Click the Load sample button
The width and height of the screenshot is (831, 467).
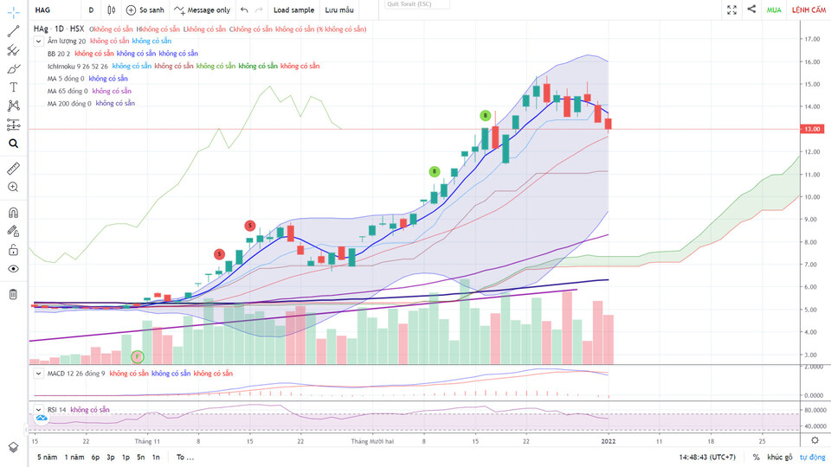[293, 10]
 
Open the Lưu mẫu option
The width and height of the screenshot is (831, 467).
[339, 10]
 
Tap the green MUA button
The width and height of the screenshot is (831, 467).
[774, 10]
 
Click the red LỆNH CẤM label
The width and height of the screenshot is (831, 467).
[808, 10]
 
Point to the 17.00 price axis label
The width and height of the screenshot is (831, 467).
[812, 39]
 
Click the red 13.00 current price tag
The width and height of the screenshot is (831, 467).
[812, 129]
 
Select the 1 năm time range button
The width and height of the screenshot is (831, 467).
[74, 457]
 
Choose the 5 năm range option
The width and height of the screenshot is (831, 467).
[47, 457]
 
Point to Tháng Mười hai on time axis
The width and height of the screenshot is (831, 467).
[372, 441]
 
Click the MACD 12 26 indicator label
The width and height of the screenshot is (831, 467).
[76, 374]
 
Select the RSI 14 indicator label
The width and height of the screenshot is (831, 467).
[56, 409]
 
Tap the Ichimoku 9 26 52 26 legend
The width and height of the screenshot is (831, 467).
[78, 66]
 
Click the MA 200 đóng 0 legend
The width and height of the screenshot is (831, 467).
[69, 103]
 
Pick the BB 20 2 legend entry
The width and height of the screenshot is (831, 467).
[59, 54]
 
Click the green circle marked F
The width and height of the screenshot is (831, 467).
[137, 356]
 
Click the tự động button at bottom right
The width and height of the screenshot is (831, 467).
[812, 457]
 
